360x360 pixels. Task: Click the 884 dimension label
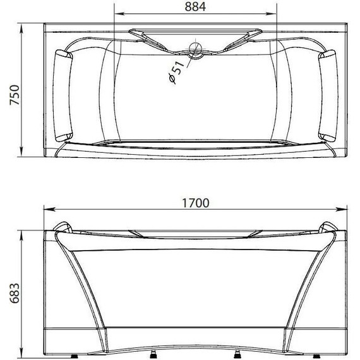[195, 7]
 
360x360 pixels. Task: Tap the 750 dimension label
[15, 95]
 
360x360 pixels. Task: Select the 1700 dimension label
[196, 203]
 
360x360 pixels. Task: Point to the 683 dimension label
[15, 293]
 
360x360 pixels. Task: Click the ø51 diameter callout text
[176, 72]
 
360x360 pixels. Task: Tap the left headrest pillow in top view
[63, 95]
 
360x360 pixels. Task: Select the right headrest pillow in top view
[328, 95]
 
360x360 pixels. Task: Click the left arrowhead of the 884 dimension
[119, 14]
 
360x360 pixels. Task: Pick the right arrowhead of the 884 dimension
[272, 14]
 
